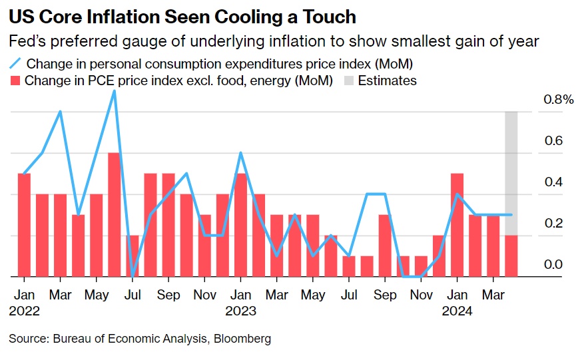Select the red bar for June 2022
click(115, 214)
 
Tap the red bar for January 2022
click(24, 225)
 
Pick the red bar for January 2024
click(457, 225)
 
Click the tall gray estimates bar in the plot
click(511, 173)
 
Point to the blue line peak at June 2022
click(115, 91)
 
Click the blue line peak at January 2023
click(240, 153)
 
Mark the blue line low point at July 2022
click(133, 275)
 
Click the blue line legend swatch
click(15, 64)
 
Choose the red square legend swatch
click(15, 81)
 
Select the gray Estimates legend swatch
click(349, 81)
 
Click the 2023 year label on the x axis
click(241, 311)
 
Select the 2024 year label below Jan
click(457, 311)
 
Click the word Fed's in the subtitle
click(27, 41)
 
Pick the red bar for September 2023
click(385, 246)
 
